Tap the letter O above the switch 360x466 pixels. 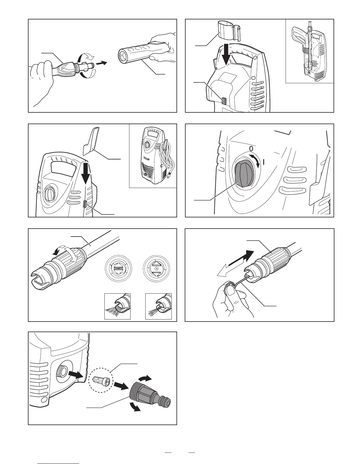click(251, 147)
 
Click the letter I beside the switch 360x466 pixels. click(264, 162)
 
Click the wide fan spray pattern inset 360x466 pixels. click(118, 306)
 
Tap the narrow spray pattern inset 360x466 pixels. click(159, 306)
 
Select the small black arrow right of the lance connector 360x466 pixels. click(101, 63)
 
